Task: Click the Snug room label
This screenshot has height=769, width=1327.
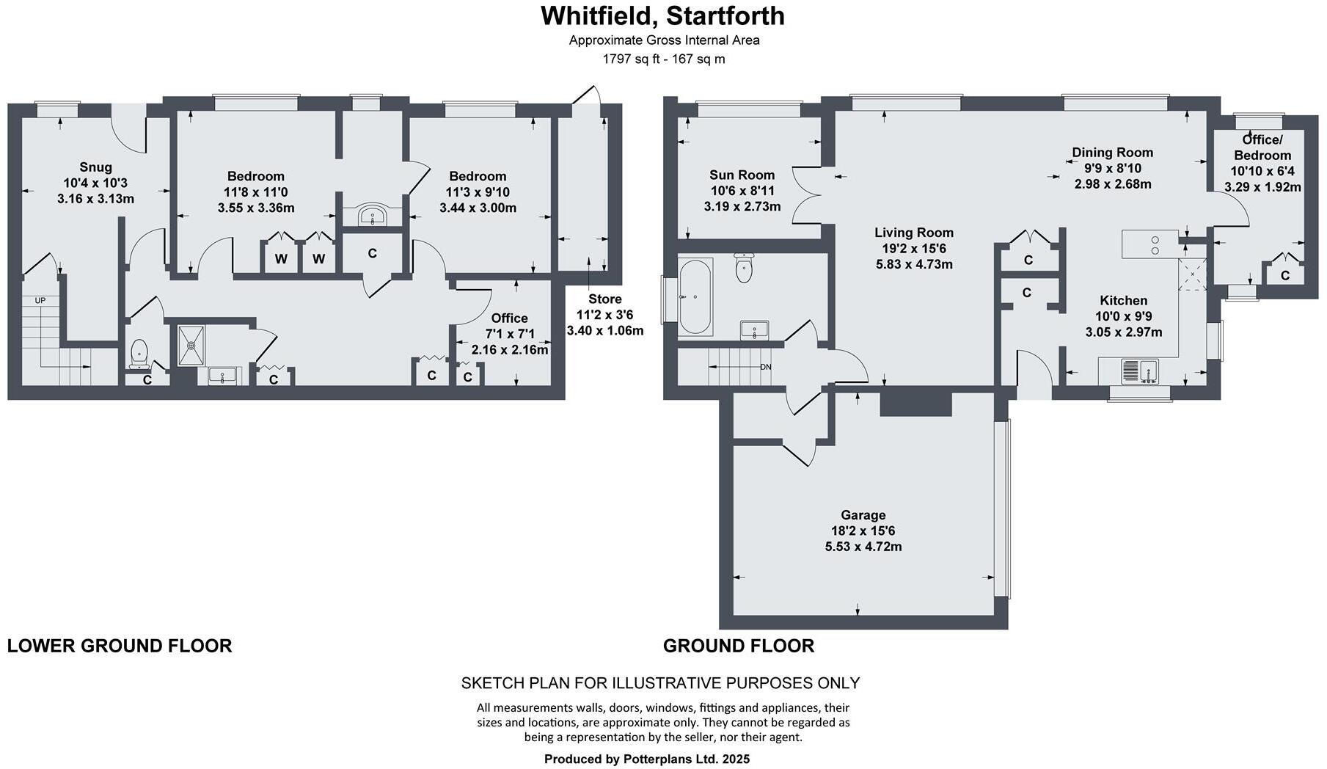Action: [x=95, y=168]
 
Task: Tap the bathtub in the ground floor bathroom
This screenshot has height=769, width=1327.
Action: [x=695, y=296]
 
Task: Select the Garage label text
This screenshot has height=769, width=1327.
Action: [x=863, y=515]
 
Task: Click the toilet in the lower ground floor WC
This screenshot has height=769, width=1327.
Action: [x=139, y=354]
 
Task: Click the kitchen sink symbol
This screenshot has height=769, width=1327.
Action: [x=1138, y=371]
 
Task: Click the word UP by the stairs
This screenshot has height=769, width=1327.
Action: [x=40, y=301]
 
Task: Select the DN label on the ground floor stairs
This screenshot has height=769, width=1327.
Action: [x=765, y=367]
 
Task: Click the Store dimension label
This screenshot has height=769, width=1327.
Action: [x=604, y=315]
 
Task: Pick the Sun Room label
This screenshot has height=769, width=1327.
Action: [x=742, y=175]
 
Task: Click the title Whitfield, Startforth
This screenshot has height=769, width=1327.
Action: [x=662, y=15]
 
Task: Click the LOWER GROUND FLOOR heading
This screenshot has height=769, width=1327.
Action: [x=120, y=646]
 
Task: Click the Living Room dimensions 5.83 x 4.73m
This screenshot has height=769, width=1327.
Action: [x=914, y=264]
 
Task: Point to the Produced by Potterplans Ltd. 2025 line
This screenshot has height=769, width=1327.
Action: [x=646, y=759]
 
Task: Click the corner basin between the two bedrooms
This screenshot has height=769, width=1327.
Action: [x=373, y=216]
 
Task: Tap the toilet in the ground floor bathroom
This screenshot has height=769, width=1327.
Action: [x=744, y=268]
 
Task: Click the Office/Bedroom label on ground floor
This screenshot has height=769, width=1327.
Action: [x=1262, y=147]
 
